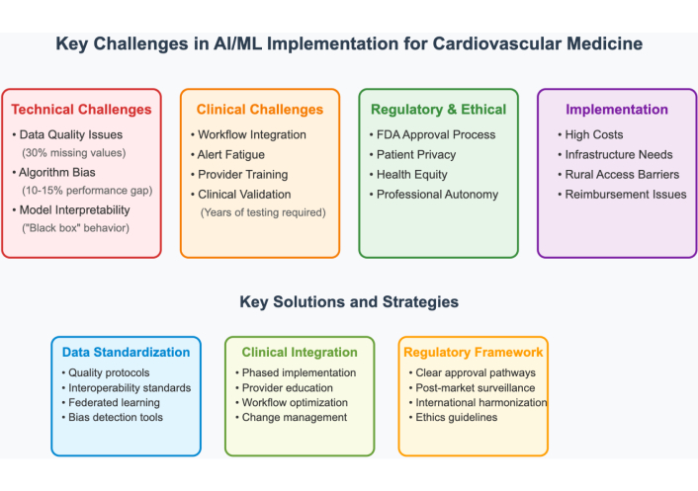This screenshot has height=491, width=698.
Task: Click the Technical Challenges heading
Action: pyautogui.click(x=81, y=110)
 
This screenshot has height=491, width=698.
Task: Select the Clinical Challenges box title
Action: pyautogui.click(x=260, y=110)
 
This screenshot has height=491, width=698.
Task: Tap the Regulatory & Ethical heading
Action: pyautogui.click(x=438, y=110)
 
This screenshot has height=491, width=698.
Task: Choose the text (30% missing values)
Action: pyautogui.click(x=74, y=153)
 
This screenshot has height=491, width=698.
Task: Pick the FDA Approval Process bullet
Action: pyautogui.click(x=436, y=134)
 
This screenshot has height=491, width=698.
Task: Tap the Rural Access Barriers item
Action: pyautogui.click(x=622, y=174)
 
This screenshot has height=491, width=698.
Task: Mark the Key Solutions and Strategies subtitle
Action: pyautogui.click(x=349, y=301)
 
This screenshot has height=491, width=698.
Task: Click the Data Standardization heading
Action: pyautogui.click(x=126, y=352)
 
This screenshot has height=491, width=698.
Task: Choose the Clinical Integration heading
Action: pyautogui.click(x=299, y=352)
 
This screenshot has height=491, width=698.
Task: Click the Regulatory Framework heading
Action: pyautogui.click(x=474, y=352)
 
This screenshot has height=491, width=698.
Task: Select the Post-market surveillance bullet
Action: pyautogui.click(x=475, y=387)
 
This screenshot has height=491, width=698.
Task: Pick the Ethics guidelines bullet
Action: pyautogui.click(x=456, y=417)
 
